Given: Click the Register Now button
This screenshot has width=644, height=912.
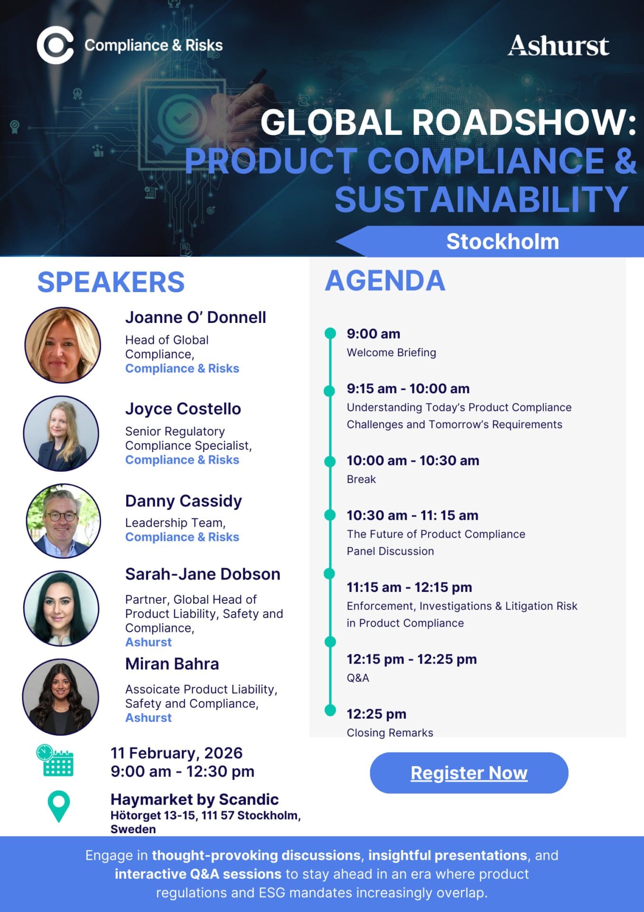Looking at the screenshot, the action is tap(469, 773).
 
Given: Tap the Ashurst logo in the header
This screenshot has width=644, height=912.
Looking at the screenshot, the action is tap(559, 46).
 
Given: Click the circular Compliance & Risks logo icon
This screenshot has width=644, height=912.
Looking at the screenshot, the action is tap(55, 46).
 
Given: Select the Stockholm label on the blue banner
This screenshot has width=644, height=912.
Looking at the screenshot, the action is tap(503, 241).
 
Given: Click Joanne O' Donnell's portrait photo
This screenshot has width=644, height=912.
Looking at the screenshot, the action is tap(63, 345).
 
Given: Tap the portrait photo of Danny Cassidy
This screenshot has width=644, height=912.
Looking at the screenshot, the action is tap(63, 521).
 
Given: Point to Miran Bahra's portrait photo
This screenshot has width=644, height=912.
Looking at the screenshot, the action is tap(61, 697).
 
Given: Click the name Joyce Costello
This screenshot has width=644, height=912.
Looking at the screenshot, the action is tap(183, 408).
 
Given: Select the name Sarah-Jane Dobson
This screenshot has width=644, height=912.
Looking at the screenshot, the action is tap(203, 574).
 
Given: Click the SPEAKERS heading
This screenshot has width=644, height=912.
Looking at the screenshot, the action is tap(111, 282).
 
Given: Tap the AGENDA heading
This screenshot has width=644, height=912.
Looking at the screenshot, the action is tap(385, 280).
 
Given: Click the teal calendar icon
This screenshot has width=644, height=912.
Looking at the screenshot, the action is tap(55, 760).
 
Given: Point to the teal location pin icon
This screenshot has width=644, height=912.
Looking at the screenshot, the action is tap(59, 807).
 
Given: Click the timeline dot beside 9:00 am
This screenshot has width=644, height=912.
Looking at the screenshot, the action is tap(330, 333).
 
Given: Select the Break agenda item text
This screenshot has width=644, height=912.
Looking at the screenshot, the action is tap(361, 479).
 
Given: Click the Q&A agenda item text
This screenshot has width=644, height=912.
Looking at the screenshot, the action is tap(358, 678).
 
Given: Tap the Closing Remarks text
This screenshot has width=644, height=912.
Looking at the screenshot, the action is tap(390, 732).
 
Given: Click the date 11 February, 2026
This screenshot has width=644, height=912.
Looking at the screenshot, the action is tap(177, 753).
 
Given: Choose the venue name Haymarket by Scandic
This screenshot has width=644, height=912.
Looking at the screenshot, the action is tap(195, 799).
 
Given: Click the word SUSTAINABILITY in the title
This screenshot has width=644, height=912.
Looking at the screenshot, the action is tap(482, 199).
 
